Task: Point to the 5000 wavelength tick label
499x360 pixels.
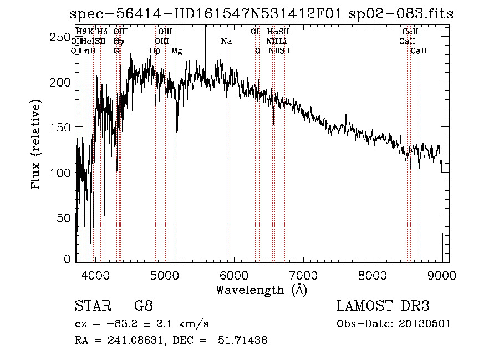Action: (x=165, y=275)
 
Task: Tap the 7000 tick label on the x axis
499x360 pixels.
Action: (x=303, y=275)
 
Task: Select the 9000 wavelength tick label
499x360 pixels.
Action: (x=442, y=275)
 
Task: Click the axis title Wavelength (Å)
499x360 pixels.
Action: (x=261, y=290)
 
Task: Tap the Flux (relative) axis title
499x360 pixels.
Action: (x=37, y=146)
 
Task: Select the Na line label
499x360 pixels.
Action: (x=226, y=41)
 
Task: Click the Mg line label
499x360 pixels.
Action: (x=176, y=51)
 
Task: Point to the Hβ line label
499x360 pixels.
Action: (x=155, y=51)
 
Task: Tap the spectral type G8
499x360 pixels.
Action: (x=143, y=306)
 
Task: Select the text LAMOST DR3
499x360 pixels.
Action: (x=383, y=306)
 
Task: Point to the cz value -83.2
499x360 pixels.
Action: (x=123, y=323)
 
